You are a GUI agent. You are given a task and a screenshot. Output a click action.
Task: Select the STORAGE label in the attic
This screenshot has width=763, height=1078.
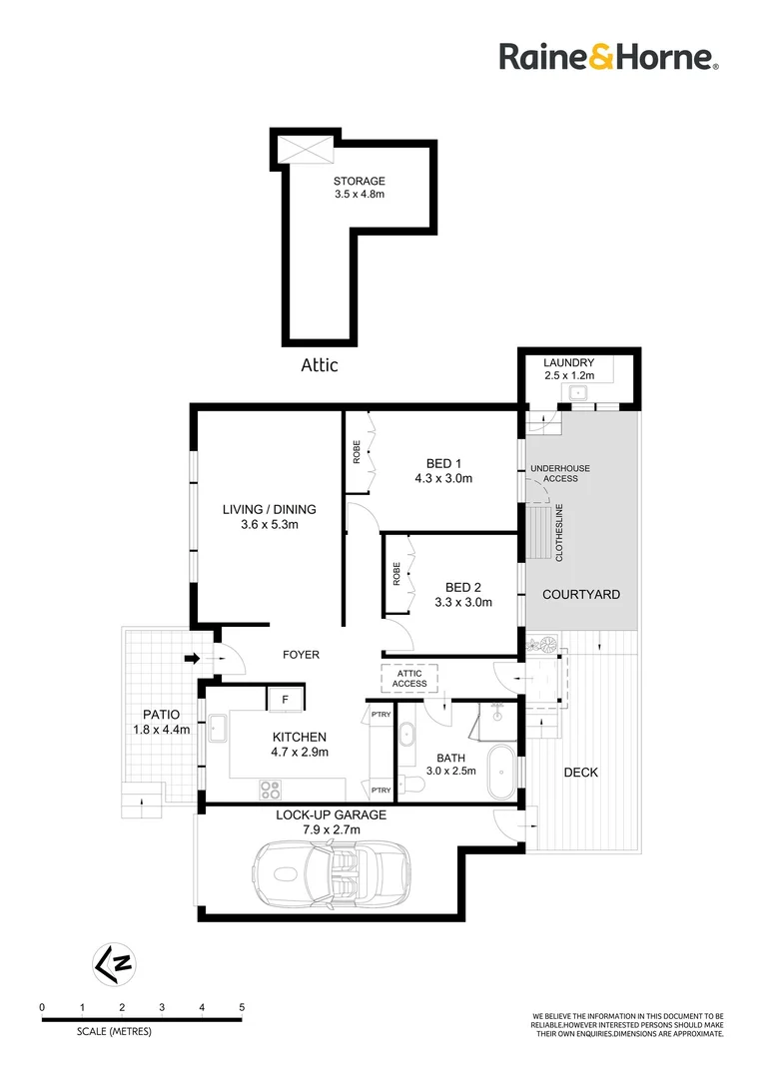[360, 181]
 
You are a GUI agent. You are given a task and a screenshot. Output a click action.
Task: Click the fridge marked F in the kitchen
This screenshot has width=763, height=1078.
[285, 700]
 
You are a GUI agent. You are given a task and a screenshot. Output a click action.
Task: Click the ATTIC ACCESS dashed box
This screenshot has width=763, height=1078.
[407, 679]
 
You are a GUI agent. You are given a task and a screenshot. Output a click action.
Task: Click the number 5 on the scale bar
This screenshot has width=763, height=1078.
[242, 1007]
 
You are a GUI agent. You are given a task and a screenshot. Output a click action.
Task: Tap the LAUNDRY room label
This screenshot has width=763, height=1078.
[569, 362]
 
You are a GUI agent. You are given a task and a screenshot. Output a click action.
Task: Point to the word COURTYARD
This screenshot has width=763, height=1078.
[580, 595]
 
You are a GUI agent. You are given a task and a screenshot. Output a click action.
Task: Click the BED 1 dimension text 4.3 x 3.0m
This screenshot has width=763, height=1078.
[443, 478]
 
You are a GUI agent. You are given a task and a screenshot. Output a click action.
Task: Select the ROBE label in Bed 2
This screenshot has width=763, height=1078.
[396, 573]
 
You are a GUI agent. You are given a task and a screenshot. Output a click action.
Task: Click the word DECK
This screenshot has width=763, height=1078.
[581, 772]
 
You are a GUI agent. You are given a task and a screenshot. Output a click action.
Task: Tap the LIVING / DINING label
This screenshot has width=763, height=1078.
[269, 509]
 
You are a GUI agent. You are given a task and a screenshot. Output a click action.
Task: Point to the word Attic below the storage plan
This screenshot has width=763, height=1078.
[320, 365]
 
